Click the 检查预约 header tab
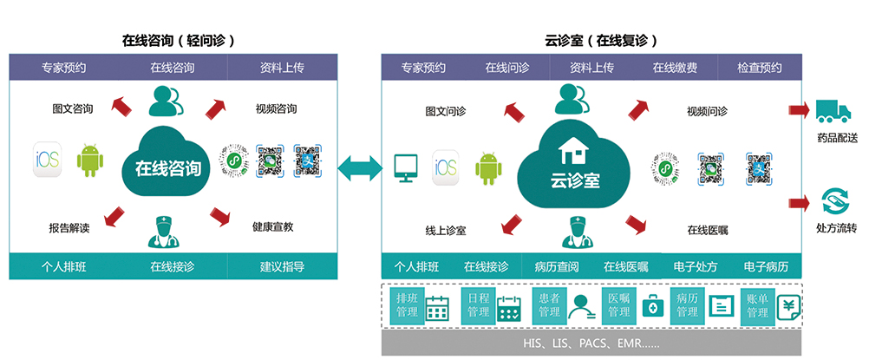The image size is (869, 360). (759, 68)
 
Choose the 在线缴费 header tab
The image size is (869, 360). (675, 68)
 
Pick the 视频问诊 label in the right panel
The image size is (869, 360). (707, 111)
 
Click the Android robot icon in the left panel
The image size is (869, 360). (89, 160)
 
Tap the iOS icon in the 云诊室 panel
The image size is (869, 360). (445, 167)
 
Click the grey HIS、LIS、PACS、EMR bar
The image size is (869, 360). (591, 344)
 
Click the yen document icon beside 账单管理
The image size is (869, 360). (788, 305)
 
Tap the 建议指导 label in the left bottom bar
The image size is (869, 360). (282, 266)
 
